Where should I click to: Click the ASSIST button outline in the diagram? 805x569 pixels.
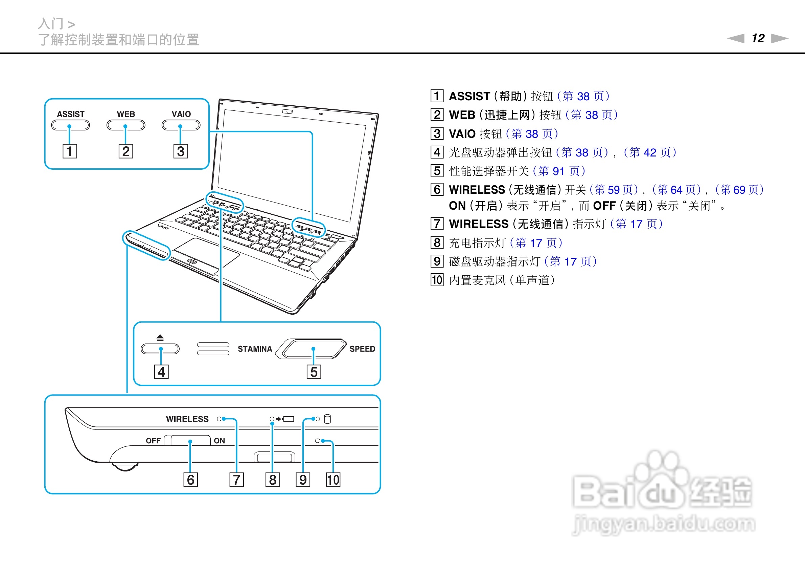coord(70,125)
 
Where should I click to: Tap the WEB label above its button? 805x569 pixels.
coord(126,114)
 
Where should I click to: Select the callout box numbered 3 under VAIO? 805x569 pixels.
coord(181,151)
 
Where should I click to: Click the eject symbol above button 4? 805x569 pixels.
coord(160,338)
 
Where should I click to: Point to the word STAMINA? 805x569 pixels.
coord(255,349)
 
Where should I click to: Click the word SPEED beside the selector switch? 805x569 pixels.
coord(362,349)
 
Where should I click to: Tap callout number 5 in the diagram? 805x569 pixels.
coord(314,372)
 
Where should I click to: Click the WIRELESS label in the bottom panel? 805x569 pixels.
coord(187,419)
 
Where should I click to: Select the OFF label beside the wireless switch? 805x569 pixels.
coord(153,441)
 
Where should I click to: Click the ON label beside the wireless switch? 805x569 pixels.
coord(219,441)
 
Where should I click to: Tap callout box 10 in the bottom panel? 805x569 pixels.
coord(333,480)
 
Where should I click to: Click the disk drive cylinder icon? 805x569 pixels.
coord(327,419)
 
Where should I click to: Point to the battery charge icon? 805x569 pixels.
coord(289,419)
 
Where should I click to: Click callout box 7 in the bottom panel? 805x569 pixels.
coord(236,480)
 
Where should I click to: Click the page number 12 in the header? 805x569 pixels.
coord(758,38)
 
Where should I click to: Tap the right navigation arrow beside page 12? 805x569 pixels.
coord(780,38)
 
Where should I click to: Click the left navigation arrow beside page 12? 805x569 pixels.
coord(736,38)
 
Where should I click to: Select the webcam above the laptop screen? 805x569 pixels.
coord(287,112)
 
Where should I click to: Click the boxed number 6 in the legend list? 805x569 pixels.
coord(437,190)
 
